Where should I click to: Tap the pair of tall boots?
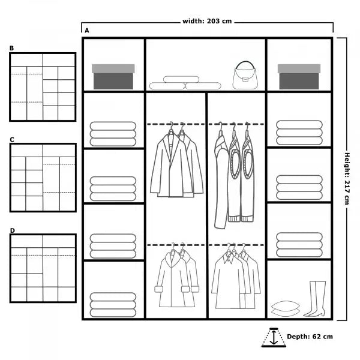316,299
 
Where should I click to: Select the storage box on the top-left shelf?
113,76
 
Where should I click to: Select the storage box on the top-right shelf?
299,76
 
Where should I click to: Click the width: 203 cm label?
207,22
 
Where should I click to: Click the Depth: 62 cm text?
310,337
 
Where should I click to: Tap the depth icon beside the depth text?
274,337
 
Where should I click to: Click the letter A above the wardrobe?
87,30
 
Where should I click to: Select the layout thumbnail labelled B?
43,87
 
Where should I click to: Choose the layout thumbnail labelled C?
43,178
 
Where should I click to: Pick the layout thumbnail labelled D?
43,268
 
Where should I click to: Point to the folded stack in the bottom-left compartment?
113,304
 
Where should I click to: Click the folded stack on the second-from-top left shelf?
113,134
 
